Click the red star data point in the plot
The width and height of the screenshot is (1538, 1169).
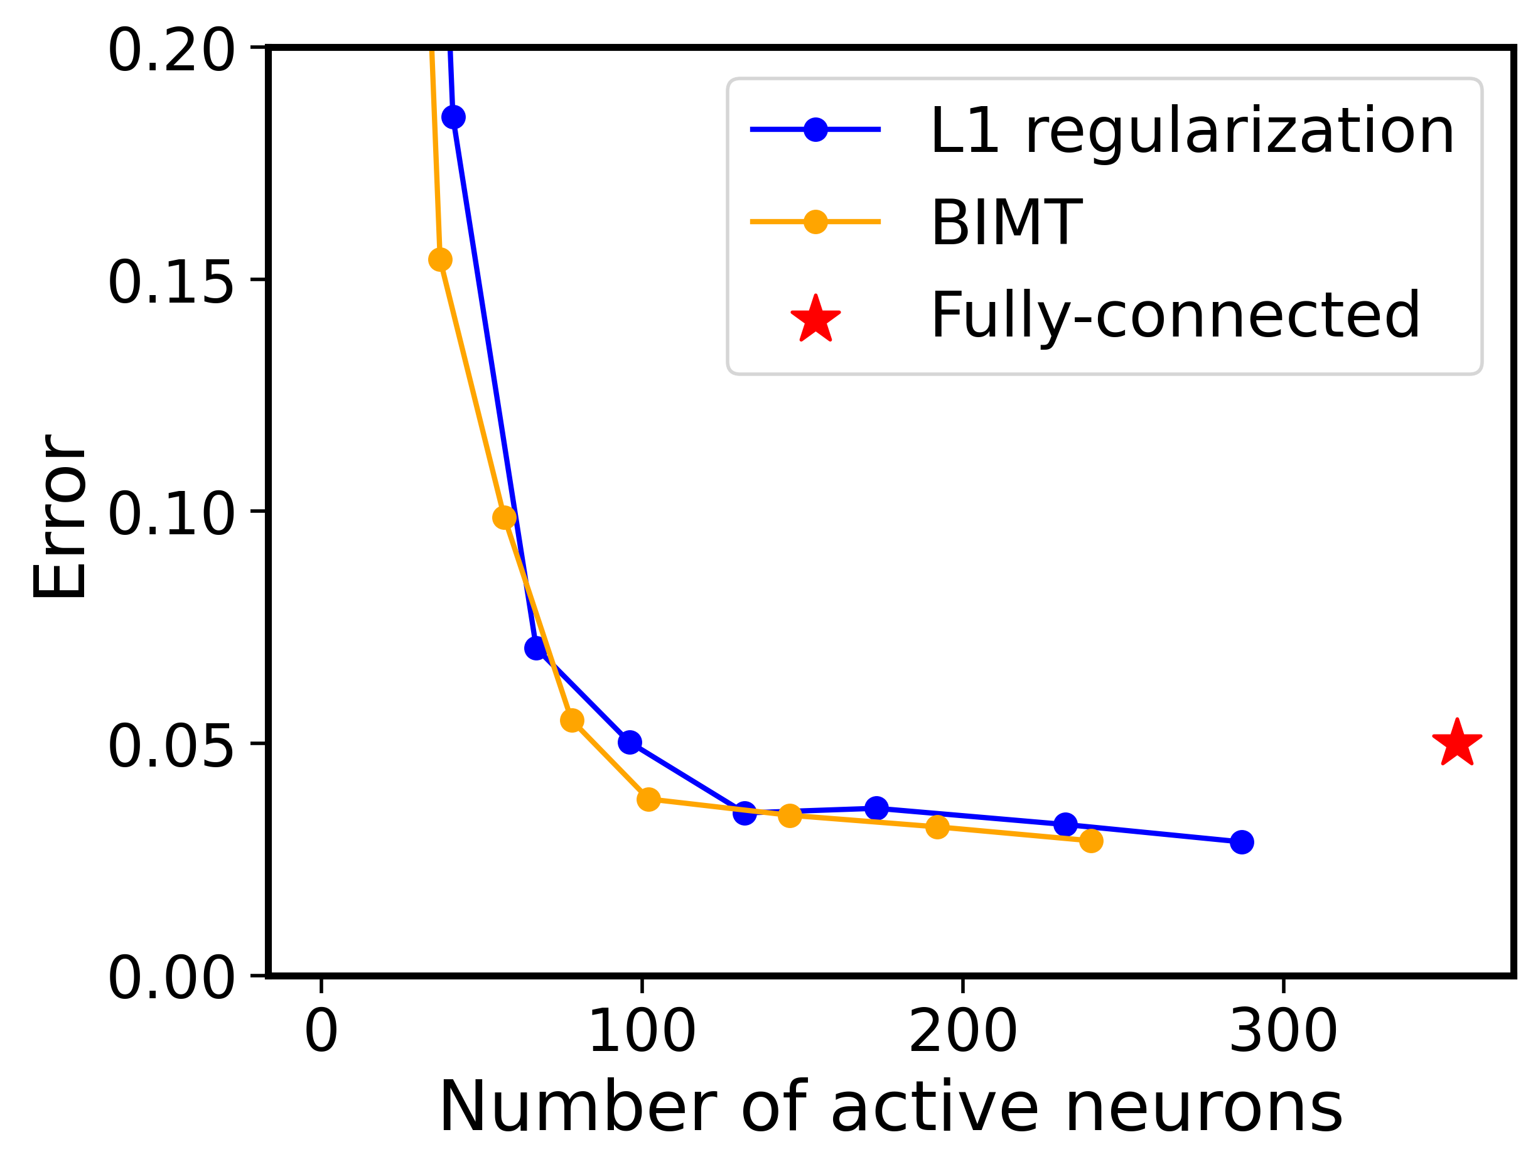[1457, 744]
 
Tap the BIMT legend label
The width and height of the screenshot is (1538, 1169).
[1006, 223]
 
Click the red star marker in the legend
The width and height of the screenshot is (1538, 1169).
[815, 320]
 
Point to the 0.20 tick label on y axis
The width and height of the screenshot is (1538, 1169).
[170, 51]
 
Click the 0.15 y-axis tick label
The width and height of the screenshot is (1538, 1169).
[170, 283]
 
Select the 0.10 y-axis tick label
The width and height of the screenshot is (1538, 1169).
[170, 514]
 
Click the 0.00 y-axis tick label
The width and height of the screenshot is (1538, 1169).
[170, 978]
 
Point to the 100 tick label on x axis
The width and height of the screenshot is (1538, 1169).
[642, 1032]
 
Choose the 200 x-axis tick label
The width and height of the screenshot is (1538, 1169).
[963, 1032]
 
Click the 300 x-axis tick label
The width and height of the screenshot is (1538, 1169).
[1283, 1032]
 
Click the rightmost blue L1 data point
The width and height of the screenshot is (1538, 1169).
[1242, 843]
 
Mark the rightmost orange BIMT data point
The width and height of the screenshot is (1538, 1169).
[1092, 841]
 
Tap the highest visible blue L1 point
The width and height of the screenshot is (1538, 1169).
[453, 117]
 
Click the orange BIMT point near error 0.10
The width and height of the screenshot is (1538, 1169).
[504, 518]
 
